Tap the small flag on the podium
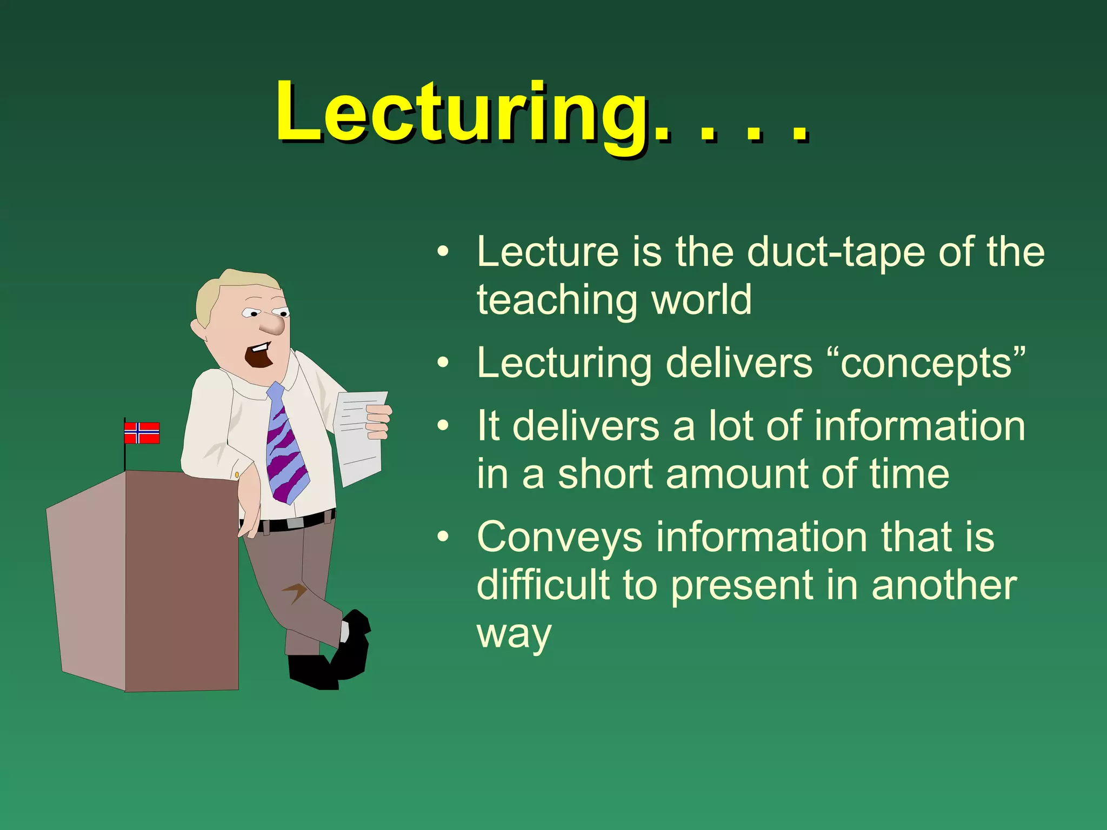pyautogui.click(x=142, y=433)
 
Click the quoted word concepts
pyautogui.click(x=926, y=363)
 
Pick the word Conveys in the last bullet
pyautogui.click(x=559, y=538)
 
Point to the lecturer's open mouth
pyautogui.click(x=259, y=357)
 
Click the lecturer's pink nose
pyautogui.click(x=273, y=325)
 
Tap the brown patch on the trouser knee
pyautogui.click(x=295, y=592)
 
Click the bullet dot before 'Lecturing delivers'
pyautogui.click(x=443, y=363)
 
